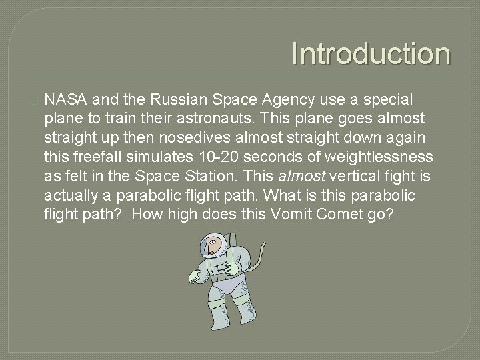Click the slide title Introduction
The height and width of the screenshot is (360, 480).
click(371, 54)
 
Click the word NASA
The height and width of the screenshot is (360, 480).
click(67, 100)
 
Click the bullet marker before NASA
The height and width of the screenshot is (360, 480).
click(35, 101)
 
